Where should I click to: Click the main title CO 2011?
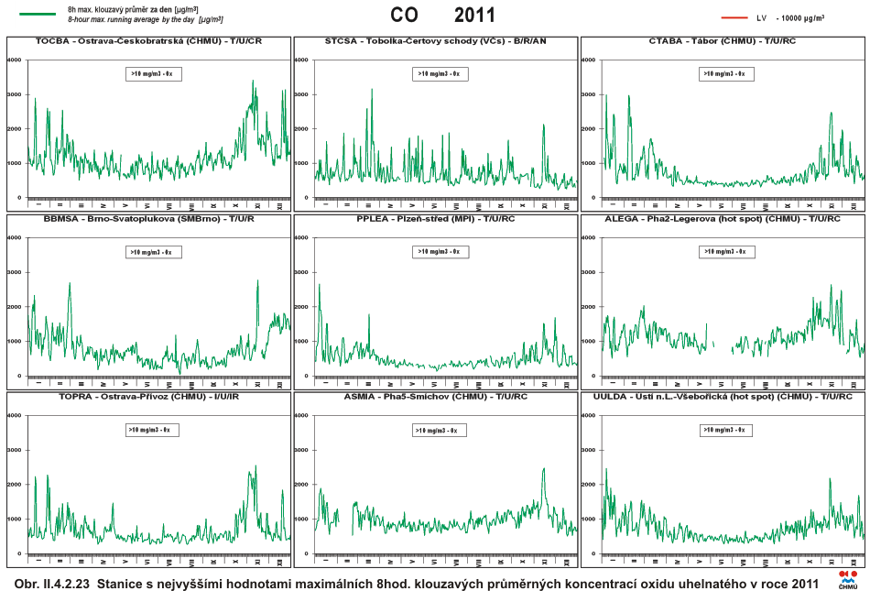click(442, 15)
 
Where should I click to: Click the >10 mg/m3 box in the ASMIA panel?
click(439, 430)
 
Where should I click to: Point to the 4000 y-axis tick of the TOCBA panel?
click(15, 60)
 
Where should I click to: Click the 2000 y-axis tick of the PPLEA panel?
click(301, 307)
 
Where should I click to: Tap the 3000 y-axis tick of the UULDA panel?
click(589, 450)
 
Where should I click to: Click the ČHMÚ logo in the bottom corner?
click(848, 580)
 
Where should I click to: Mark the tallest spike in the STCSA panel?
click(372, 90)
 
